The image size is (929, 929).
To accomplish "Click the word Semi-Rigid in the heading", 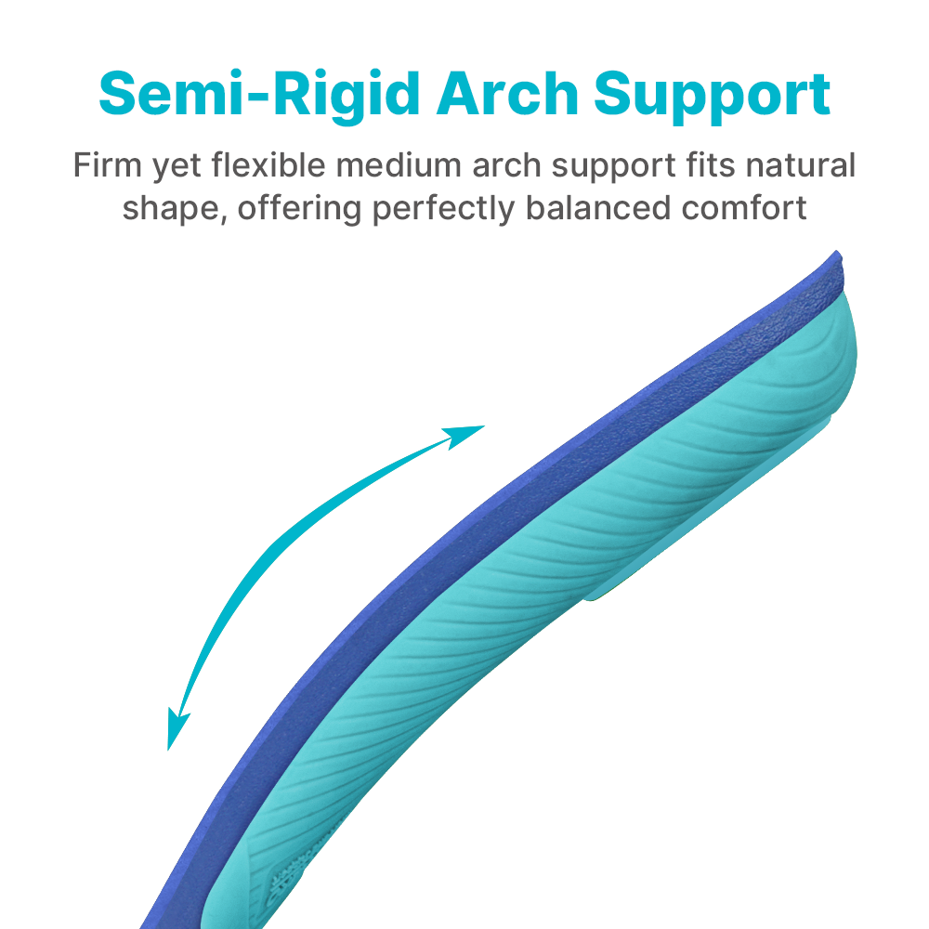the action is tap(259, 95).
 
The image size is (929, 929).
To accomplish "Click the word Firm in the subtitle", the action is tap(107, 164).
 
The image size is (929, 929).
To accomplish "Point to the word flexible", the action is tap(268, 164).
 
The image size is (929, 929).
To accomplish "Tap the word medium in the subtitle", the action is tap(399, 164).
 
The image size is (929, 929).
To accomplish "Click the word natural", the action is tap(801, 164).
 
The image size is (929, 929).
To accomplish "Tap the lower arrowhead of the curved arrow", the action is tap(177, 728).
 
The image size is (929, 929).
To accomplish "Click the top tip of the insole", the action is tap(837, 252).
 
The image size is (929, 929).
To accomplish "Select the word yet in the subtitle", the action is tap(177, 166).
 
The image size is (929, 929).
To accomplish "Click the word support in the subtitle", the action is tap(614, 166).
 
